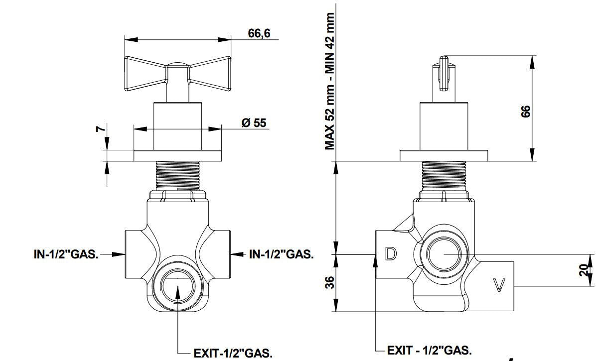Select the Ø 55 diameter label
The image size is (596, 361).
(254, 122)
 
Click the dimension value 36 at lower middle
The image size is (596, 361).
(329, 282)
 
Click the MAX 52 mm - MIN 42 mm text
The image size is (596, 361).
(329, 81)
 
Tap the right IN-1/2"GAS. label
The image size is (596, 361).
(281, 254)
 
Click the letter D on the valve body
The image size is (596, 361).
(391, 253)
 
